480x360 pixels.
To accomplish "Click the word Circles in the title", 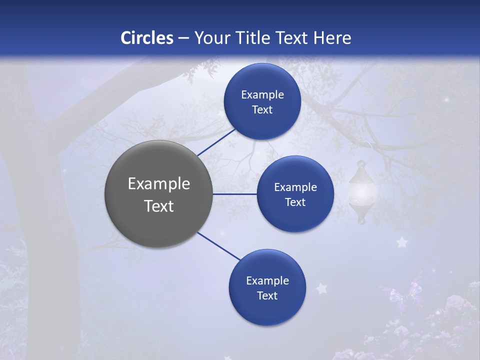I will point(147,38).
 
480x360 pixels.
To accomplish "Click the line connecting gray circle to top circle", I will point(216,141).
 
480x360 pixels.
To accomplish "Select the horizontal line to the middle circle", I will point(235,194).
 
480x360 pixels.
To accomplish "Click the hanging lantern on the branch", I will point(361,192).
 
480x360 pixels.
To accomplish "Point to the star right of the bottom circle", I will point(321,288).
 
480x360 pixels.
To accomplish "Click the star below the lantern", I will point(401,242).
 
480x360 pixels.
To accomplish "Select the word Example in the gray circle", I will point(159,184).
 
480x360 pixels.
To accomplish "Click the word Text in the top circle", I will point(262,110).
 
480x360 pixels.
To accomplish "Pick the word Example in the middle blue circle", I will point(295,187).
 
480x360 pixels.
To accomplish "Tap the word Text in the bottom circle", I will point(267,296).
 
